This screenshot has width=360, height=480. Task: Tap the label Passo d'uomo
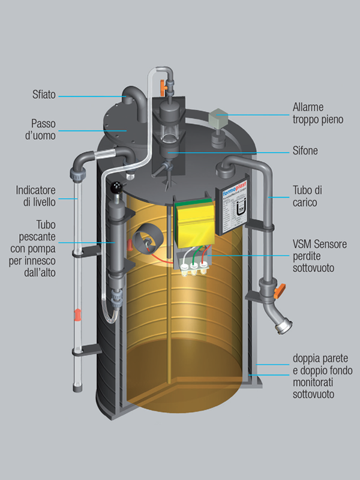(43, 129)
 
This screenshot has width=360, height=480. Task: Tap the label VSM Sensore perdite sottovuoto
(320, 256)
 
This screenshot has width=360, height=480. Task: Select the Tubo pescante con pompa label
(36, 237)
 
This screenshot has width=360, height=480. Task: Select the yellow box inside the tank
(194, 220)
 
